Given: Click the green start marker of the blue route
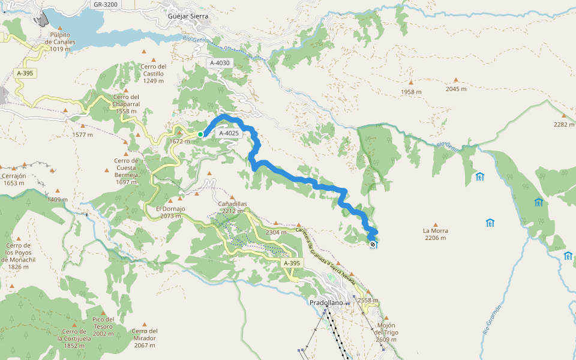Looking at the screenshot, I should (200, 134).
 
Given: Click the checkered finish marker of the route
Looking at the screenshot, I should (373, 244).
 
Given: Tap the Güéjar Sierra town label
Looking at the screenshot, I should (188, 16).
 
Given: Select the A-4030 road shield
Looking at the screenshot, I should (220, 62).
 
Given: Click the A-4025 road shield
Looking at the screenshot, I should (229, 133).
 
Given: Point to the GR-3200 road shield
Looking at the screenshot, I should (107, 4).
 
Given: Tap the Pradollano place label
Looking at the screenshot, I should (326, 303).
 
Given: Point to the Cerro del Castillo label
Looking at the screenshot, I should (154, 73).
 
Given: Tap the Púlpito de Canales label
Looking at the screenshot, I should (60, 42).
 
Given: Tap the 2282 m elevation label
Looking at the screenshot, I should (564, 125).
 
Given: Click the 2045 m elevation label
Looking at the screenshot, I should (456, 89).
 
